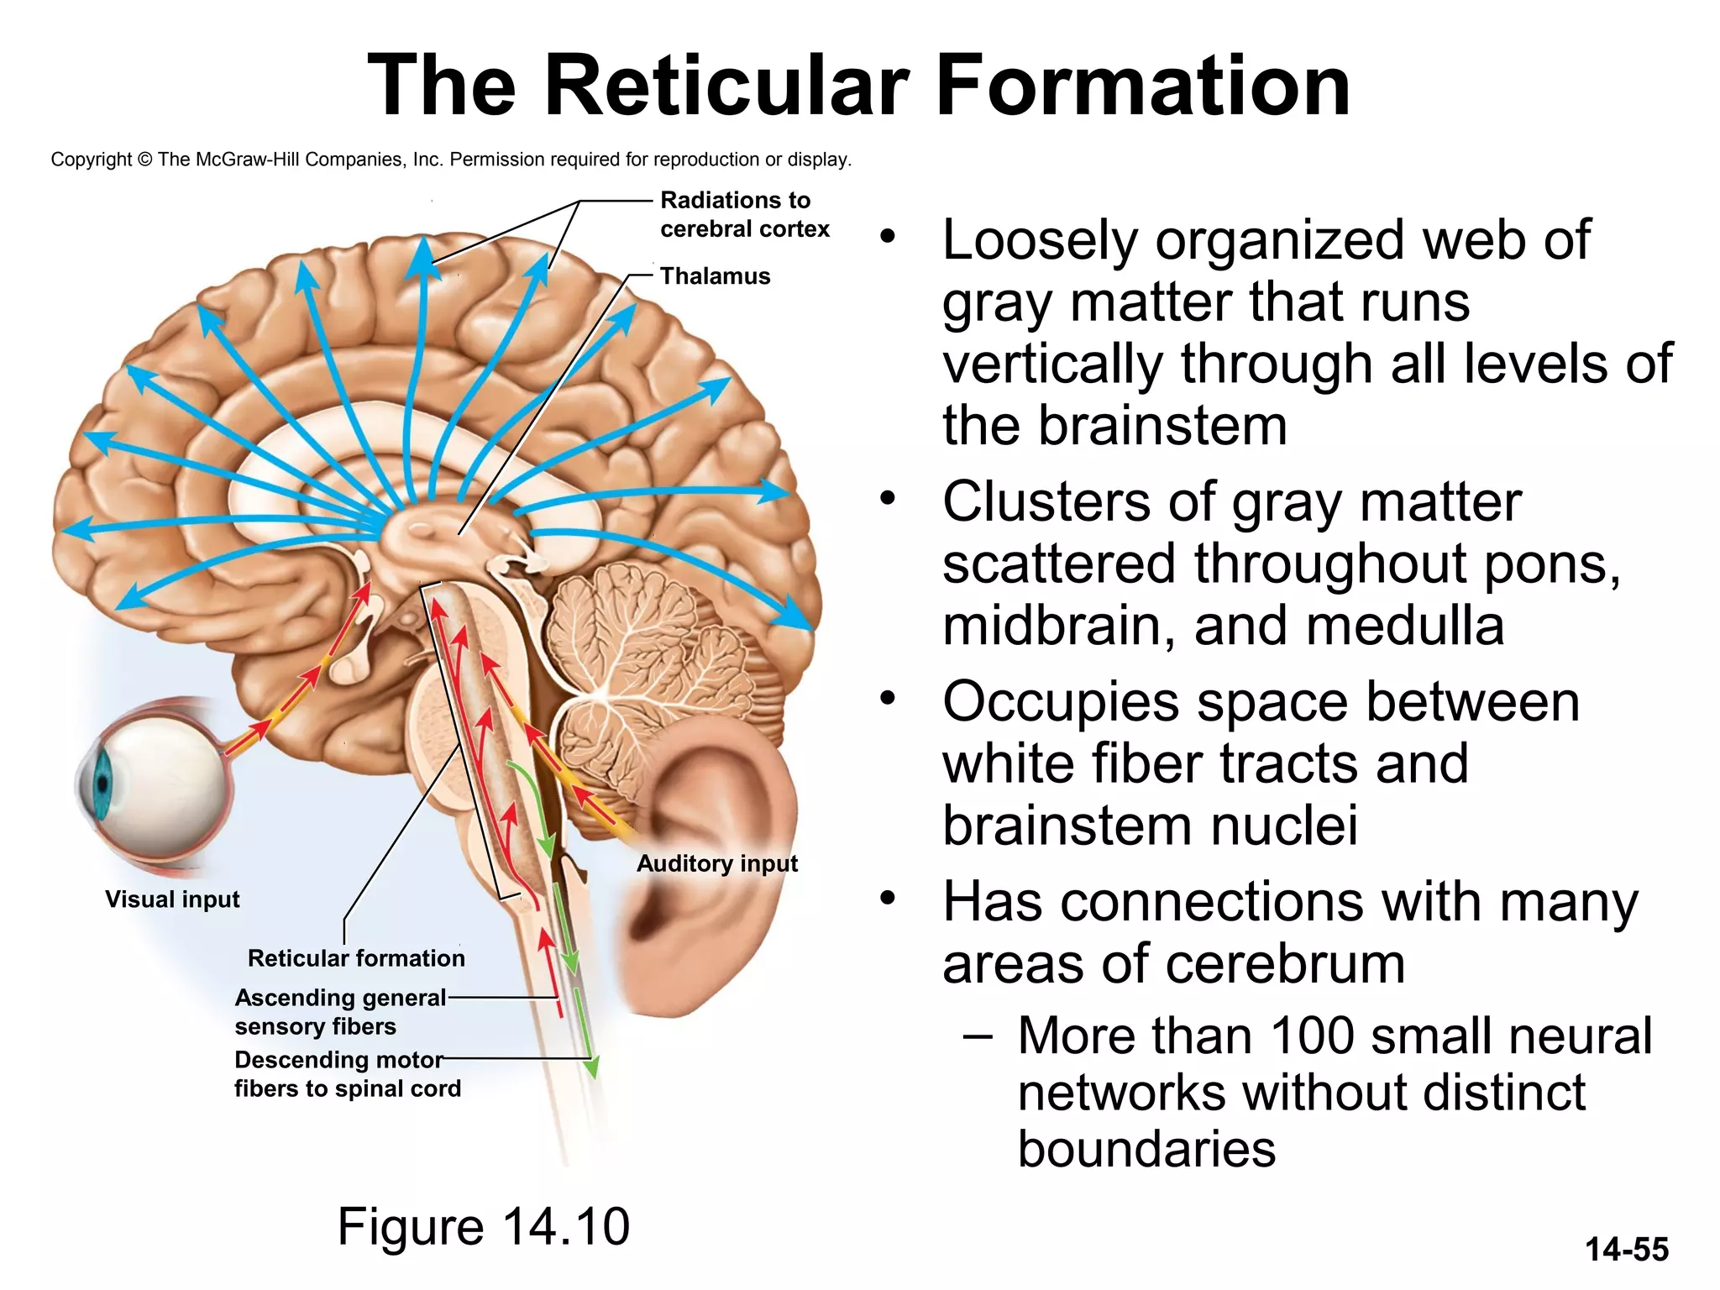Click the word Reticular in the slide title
pos(726,86)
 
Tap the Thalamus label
pos(715,276)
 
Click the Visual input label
pos(172,899)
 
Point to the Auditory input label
pos(716,863)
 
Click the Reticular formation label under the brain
pos(355,958)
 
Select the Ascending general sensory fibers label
pos(339,1012)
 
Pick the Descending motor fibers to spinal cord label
pos(347,1074)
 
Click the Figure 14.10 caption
pos(483,1226)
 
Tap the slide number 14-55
pos(1626,1250)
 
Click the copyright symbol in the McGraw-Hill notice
pos(144,160)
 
